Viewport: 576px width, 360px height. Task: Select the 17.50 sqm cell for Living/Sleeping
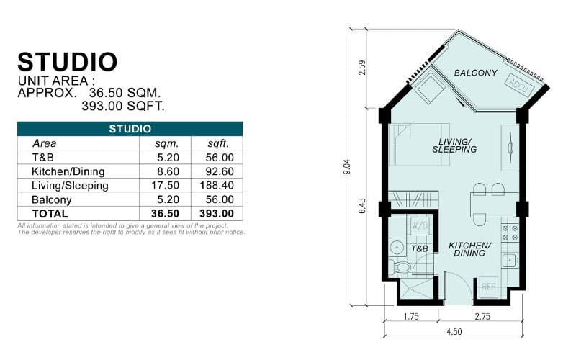click(x=153, y=186)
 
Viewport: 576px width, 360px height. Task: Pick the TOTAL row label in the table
click(x=50, y=214)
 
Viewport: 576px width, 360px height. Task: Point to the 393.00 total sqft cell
click(x=216, y=214)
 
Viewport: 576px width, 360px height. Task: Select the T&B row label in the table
click(x=42, y=158)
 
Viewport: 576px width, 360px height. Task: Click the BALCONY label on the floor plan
click(x=475, y=73)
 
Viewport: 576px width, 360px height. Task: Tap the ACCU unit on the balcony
click(x=518, y=84)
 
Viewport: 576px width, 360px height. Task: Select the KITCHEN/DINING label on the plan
click(x=469, y=249)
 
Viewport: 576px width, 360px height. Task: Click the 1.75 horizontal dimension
click(x=411, y=316)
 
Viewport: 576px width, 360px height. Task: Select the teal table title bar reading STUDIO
click(x=130, y=129)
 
